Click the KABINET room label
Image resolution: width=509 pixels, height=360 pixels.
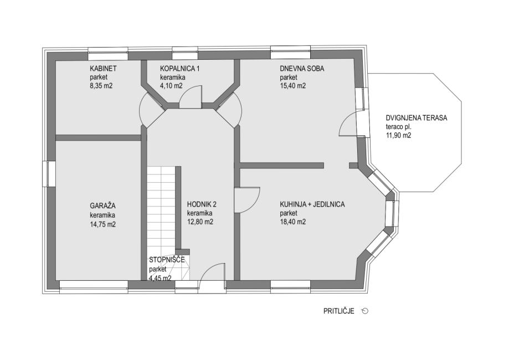click(x=103, y=69)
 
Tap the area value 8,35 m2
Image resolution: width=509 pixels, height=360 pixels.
click(x=101, y=86)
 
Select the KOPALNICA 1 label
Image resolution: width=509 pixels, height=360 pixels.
click(x=179, y=69)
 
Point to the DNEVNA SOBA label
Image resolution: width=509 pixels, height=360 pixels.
click(x=302, y=69)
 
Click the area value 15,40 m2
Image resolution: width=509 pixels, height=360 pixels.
click(x=293, y=86)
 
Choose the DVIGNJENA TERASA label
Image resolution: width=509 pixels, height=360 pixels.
click(x=416, y=118)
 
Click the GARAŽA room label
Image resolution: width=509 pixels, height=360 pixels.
click(x=102, y=205)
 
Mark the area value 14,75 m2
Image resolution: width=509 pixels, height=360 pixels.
click(x=102, y=224)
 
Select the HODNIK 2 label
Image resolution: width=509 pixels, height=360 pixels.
click(x=202, y=204)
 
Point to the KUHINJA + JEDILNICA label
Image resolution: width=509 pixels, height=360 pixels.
click(x=312, y=204)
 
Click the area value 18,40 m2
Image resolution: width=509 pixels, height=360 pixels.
click(x=293, y=222)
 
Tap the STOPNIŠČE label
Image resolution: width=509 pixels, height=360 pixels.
click(x=167, y=260)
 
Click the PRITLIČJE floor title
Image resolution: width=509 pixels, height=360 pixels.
click(x=338, y=311)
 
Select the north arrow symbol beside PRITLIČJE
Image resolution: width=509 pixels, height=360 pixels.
click(x=365, y=311)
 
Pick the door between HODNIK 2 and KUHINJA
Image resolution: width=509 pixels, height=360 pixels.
click(x=247, y=200)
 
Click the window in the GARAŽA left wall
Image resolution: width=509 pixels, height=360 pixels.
click(x=49, y=174)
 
